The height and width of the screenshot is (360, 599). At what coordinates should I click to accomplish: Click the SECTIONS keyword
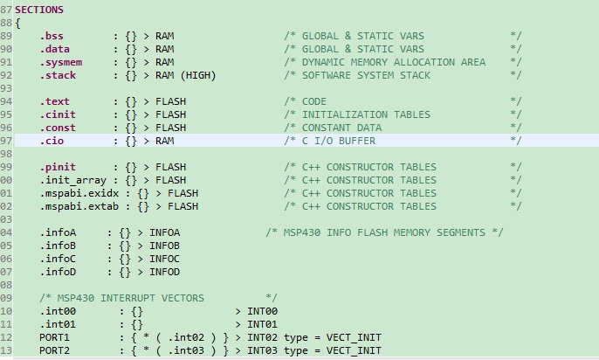(39, 10)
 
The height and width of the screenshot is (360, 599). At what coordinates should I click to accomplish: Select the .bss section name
(52, 36)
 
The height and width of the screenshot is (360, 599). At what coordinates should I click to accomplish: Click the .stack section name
(57, 75)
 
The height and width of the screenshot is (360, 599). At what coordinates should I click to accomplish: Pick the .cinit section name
(57, 114)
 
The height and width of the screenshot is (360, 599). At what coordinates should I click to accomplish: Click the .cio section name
(52, 141)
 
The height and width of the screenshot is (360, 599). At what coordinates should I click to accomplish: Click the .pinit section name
(57, 167)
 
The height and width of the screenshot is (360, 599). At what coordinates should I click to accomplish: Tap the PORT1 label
(54, 337)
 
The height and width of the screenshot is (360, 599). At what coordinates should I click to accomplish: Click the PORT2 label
(54, 350)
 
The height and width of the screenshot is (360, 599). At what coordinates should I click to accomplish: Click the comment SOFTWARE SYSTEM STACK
(366, 75)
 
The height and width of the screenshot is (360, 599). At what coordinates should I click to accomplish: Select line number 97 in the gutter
(6, 141)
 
